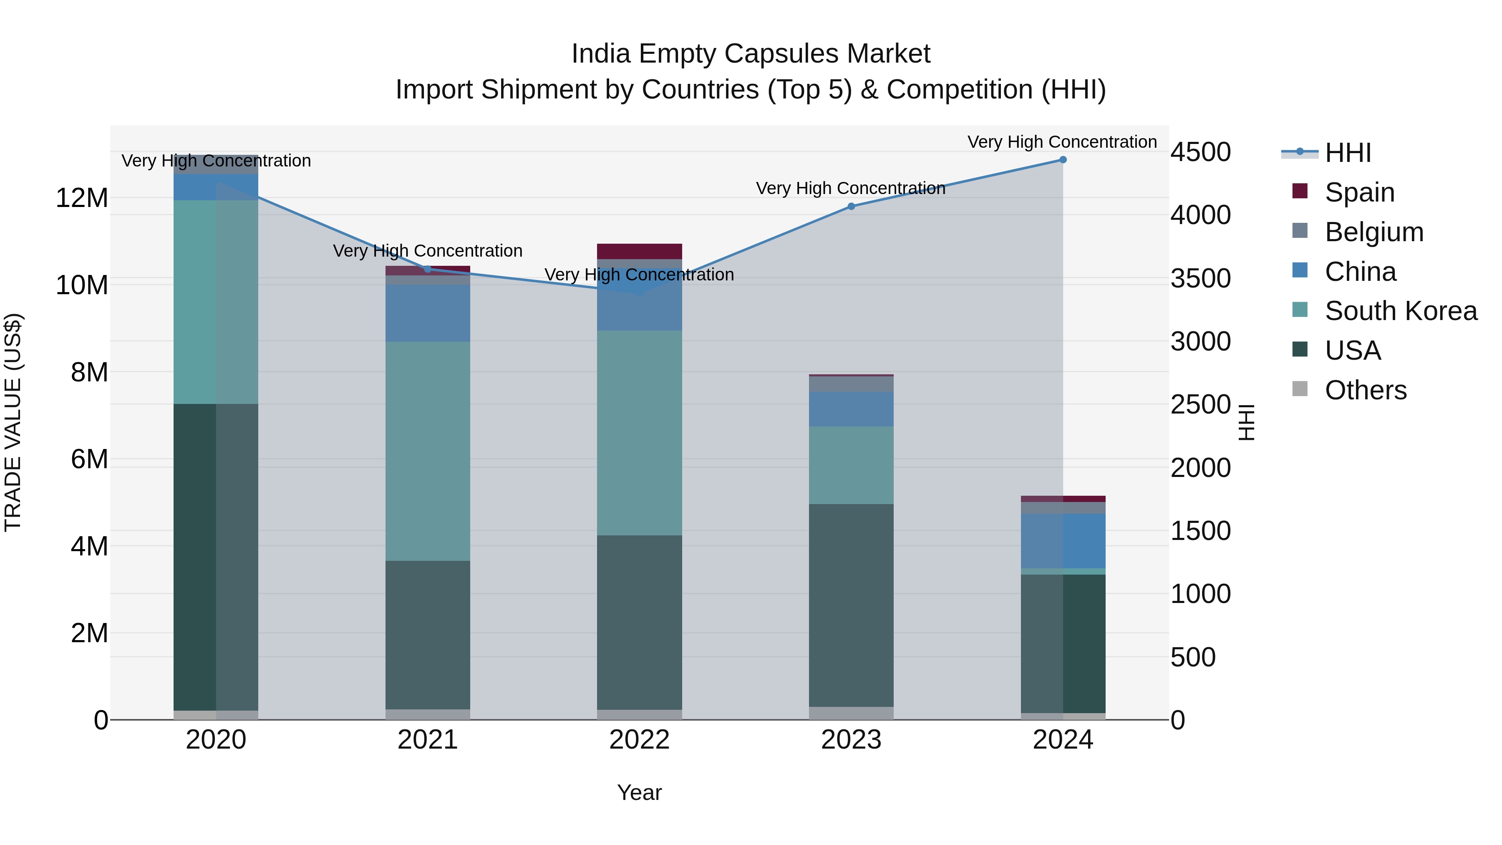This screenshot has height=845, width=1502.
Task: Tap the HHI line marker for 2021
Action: tap(427, 269)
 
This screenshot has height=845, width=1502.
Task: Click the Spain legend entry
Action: tap(1359, 192)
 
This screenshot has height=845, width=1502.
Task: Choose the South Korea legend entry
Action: tap(1401, 311)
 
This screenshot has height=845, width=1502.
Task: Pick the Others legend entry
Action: tap(1365, 390)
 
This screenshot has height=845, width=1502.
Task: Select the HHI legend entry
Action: tap(1348, 153)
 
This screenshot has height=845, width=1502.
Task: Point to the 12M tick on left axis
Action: tap(82, 198)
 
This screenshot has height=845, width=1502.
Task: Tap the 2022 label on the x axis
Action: tap(639, 740)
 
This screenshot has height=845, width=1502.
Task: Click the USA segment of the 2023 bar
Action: tap(851, 605)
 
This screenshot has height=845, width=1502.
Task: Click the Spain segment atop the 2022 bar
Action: tap(639, 251)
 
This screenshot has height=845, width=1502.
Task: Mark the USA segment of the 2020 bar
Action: tap(216, 557)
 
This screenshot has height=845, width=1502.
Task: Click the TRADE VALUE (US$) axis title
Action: tap(13, 422)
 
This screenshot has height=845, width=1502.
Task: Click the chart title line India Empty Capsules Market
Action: tap(751, 54)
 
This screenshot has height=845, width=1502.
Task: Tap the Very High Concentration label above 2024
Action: tap(1062, 142)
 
